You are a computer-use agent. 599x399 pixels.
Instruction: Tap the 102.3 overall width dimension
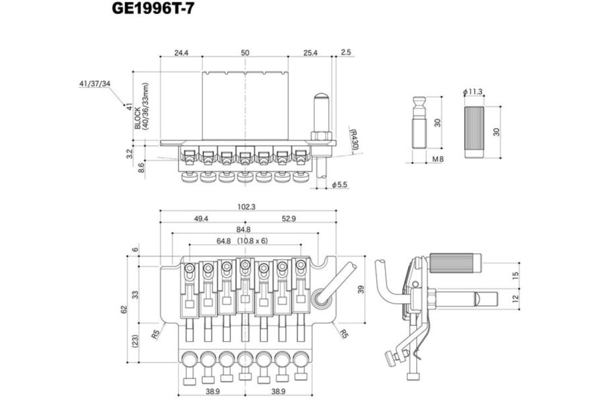(x=247, y=206)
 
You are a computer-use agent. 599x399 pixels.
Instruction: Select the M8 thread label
(x=438, y=159)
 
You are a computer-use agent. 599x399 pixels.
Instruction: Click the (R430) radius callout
(x=354, y=141)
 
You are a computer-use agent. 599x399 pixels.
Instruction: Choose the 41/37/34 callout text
(x=94, y=84)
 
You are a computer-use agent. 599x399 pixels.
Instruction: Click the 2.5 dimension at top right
(x=346, y=52)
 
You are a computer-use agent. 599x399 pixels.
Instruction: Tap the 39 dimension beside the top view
(x=361, y=289)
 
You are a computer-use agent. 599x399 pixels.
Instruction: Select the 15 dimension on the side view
(x=516, y=274)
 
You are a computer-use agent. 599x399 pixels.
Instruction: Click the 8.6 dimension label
(x=141, y=167)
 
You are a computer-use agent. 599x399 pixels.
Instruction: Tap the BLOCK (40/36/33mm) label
(x=142, y=110)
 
